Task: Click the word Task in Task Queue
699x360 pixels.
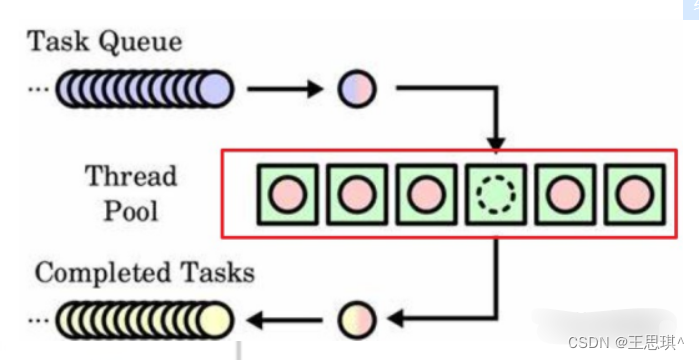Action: [59, 42]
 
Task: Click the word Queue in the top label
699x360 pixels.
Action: [140, 43]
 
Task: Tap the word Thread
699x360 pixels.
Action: [131, 176]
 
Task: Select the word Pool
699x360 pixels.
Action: [131, 211]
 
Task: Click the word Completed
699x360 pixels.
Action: [103, 274]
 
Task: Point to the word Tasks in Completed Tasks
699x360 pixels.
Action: [218, 272]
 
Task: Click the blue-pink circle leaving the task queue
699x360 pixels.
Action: [357, 89]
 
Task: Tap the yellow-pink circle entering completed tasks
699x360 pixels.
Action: [357, 319]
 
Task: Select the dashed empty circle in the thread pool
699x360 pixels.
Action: [496, 194]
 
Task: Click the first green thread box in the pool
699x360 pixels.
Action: [288, 194]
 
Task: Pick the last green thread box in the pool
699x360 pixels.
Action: [635, 194]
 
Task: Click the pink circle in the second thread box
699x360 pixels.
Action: [357, 194]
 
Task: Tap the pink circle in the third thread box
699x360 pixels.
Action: [427, 194]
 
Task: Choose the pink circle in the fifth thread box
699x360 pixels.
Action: [566, 194]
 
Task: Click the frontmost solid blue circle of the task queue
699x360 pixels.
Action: [215, 89]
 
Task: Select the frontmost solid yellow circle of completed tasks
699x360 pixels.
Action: [215, 319]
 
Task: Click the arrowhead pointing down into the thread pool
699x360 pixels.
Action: [496, 144]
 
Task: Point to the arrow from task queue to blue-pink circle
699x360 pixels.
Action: [285, 89]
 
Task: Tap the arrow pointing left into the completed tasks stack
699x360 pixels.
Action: [285, 319]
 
